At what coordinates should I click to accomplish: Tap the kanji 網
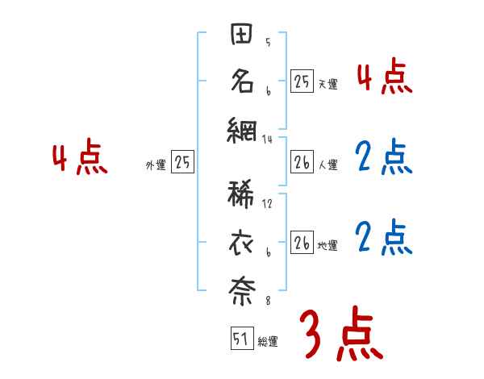242,130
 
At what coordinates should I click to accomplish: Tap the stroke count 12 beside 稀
268,204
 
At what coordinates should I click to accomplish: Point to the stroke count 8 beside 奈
268,301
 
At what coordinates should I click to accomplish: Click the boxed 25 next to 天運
302,81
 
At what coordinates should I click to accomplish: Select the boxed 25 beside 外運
182,163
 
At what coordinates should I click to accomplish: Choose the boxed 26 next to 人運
302,163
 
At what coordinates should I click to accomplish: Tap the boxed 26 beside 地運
302,244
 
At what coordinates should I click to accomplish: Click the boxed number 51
240,339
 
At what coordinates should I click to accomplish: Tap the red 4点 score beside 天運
384,77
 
